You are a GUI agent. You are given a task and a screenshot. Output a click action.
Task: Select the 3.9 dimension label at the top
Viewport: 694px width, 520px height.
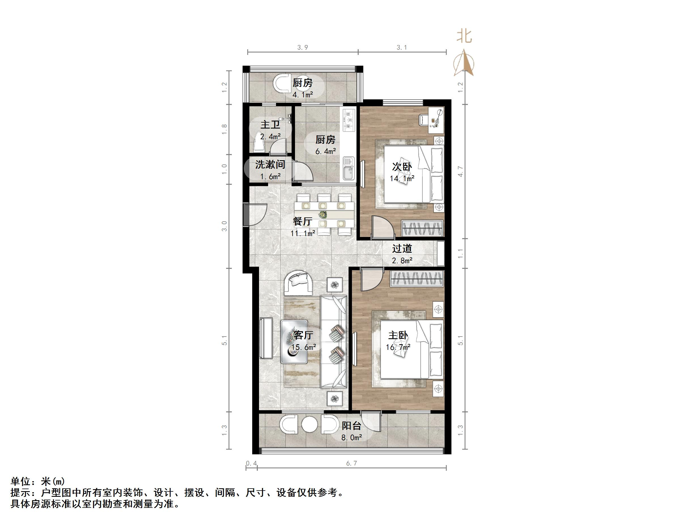(302, 47)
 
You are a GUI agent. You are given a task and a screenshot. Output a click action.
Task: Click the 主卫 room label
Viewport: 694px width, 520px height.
(270, 125)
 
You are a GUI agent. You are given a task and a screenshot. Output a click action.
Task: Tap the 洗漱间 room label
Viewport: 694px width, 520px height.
(270, 164)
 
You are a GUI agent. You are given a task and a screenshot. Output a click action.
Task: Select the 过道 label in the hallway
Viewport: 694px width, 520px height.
(402, 249)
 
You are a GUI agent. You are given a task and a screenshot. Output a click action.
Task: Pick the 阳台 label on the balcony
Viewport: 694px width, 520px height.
(351, 426)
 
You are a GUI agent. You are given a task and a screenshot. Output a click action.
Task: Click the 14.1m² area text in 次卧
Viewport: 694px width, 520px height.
(402, 179)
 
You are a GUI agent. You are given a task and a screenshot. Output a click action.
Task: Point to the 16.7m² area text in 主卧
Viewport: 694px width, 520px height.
(398, 347)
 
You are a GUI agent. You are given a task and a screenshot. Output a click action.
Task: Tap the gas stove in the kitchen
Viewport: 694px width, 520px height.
(349, 120)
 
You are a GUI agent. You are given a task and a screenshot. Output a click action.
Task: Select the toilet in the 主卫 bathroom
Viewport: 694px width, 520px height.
(260, 145)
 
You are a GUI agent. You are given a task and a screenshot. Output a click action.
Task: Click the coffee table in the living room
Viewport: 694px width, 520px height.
(294, 342)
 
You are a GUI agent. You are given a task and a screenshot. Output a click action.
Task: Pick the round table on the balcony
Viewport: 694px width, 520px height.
(309, 425)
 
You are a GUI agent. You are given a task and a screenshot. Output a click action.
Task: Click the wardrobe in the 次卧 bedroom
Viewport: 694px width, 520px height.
(422, 228)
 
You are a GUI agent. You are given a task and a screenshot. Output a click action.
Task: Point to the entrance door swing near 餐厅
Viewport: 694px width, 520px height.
(256, 214)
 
